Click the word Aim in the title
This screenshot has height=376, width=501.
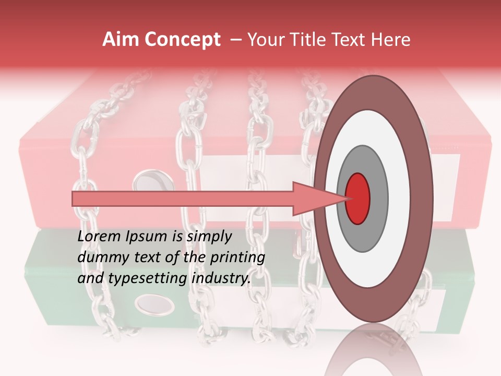click(x=121, y=40)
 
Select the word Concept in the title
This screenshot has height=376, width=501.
click(x=182, y=40)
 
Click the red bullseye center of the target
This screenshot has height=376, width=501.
click(x=358, y=198)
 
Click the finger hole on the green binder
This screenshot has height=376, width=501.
click(x=155, y=304)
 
